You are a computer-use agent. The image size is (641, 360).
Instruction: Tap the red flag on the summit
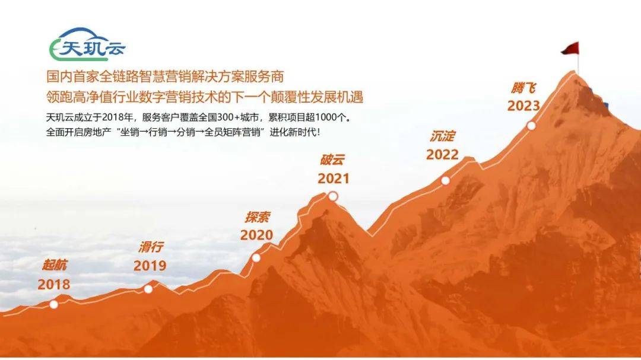(570, 49)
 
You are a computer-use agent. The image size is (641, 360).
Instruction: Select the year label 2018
(54, 285)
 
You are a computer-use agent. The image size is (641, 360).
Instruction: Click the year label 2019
(150, 266)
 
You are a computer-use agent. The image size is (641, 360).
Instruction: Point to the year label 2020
(256, 235)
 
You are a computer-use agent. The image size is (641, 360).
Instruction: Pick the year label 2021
(334, 179)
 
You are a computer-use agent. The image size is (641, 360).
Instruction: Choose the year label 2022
(442, 154)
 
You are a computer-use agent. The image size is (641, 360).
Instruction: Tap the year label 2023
(523, 106)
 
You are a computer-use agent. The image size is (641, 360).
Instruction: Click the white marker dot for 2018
(53, 304)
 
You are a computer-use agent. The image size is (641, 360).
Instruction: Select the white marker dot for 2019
(148, 289)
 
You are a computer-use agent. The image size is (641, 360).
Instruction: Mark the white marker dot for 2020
(256, 257)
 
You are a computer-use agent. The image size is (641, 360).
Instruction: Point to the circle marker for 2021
(333, 196)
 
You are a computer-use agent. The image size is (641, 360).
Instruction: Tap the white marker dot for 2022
(446, 180)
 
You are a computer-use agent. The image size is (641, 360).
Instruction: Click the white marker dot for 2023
(531, 126)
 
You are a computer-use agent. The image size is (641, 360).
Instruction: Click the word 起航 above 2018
(54, 265)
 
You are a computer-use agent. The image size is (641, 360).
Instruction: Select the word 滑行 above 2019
(151, 247)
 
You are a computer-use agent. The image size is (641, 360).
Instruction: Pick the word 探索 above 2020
(258, 217)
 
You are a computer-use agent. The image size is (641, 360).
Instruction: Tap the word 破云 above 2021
(332, 160)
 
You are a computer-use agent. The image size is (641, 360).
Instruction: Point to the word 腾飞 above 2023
(523, 88)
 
